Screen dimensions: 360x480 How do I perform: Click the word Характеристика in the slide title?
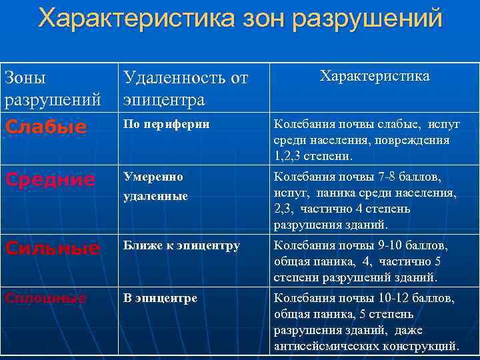[x=133, y=18]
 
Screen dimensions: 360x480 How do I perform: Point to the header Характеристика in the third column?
[x=375, y=76]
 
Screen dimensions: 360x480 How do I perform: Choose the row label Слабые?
[x=45, y=127]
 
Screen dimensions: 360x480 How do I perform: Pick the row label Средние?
[x=49, y=180]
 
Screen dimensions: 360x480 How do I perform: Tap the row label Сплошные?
[x=45, y=299]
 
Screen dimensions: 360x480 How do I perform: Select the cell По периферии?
[x=165, y=124]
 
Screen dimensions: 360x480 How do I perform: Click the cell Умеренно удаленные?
[x=155, y=187]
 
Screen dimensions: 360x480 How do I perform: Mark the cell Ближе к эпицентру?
[x=180, y=245]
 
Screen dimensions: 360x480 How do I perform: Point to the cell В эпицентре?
[x=159, y=297]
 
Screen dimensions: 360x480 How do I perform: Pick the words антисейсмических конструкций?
[x=366, y=346]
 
